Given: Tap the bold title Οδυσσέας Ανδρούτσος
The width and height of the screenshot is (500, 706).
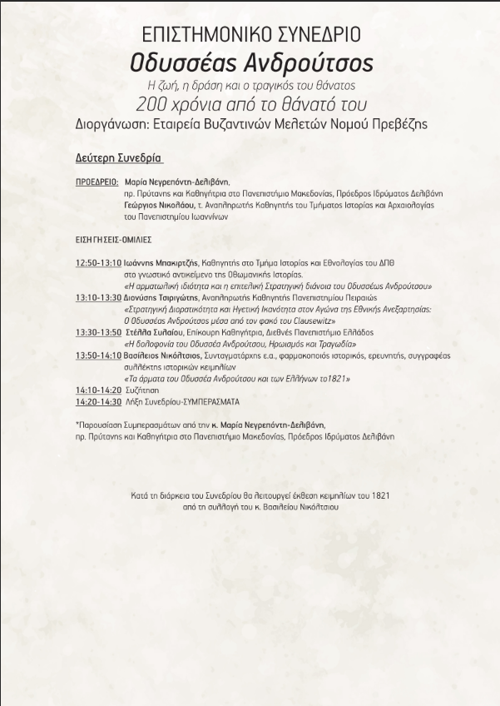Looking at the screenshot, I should tap(251, 62).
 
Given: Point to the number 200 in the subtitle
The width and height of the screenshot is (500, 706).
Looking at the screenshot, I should tap(154, 104).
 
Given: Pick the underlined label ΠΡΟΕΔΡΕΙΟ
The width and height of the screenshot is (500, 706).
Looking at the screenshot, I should tap(97, 181).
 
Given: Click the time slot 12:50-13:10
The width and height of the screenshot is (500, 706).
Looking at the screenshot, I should tap(98, 262).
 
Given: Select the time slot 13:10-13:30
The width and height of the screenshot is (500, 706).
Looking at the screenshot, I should tap(98, 297).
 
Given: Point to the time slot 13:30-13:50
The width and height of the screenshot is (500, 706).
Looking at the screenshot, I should tap(98, 332).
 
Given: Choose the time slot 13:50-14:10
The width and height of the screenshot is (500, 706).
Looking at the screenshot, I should tap(98, 355).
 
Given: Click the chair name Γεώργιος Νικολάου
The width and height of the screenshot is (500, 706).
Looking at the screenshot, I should tap(161, 205).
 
